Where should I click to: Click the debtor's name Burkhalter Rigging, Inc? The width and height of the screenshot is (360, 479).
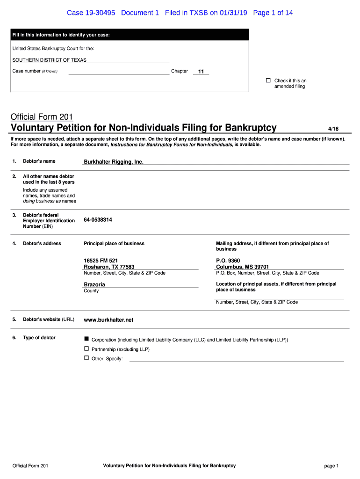tap(114, 162)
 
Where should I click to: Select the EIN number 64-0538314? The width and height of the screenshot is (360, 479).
tap(98, 220)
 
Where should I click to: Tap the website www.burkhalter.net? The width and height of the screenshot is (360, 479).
tap(108, 320)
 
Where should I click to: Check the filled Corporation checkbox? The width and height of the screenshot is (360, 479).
tap(86, 338)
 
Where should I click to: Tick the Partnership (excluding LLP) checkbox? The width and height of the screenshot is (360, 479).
tap(86, 348)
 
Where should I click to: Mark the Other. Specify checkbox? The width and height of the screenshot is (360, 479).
tap(86, 358)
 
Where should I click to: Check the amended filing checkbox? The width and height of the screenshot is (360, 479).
tap(268, 80)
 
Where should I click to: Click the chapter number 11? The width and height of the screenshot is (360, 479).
tap(201, 72)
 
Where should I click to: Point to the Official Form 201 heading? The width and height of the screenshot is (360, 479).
tap(42, 117)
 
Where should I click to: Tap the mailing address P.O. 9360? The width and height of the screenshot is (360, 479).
tap(228, 261)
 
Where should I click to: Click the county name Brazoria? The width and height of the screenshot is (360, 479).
tap(94, 284)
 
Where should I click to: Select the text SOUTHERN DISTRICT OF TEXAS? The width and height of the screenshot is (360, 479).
tap(49, 60)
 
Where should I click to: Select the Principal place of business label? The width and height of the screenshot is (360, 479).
tap(114, 243)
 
